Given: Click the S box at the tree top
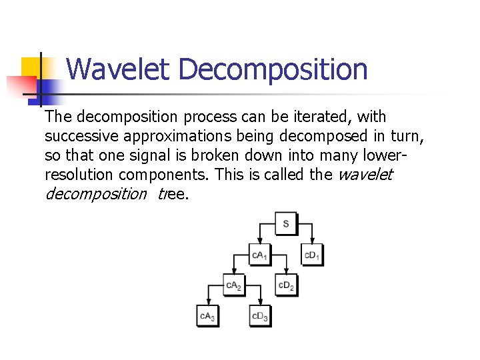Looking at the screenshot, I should pyautogui.click(x=285, y=223).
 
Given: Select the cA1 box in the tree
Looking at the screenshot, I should pyautogui.click(x=259, y=255).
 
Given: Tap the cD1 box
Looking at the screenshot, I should pyautogui.click(x=311, y=255).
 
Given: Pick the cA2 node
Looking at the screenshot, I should pyautogui.click(x=233, y=285).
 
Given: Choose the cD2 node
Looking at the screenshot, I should pyautogui.click(x=285, y=285).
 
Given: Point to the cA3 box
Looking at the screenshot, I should pyautogui.click(x=207, y=316).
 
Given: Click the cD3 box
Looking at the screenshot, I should pyautogui.click(x=259, y=316).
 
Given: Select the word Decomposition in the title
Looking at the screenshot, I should pyautogui.click(x=273, y=69).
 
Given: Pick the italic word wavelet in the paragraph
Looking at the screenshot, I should pyautogui.click(x=366, y=175).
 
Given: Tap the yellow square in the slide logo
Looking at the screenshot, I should pyautogui.click(x=31, y=67).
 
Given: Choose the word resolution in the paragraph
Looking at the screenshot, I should pyautogui.click(x=79, y=175).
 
